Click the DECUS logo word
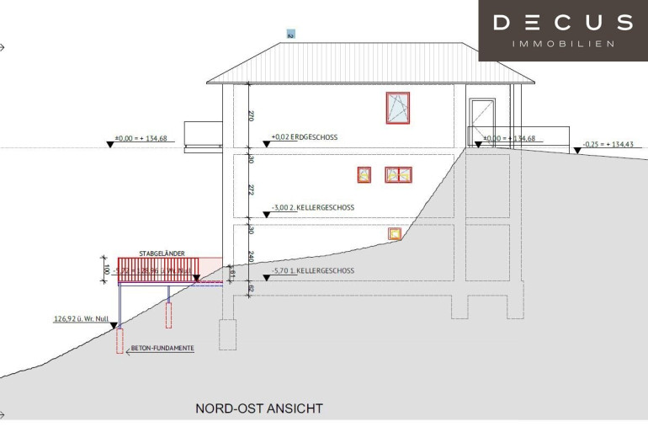click(x=562, y=23)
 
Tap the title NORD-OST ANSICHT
click(x=259, y=409)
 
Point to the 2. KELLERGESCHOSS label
click(x=313, y=207)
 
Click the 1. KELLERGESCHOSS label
click(x=313, y=273)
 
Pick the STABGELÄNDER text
click(x=162, y=254)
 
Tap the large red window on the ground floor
click(x=397, y=108)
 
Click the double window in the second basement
click(x=399, y=175)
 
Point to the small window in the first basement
click(x=393, y=234)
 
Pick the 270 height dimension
click(x=250, y=117)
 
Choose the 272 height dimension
click(x=250, y=190)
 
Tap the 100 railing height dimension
click(x=107, y=270)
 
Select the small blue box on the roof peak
click(x=291, y=35)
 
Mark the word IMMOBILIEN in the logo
click(x=563, y=44)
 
